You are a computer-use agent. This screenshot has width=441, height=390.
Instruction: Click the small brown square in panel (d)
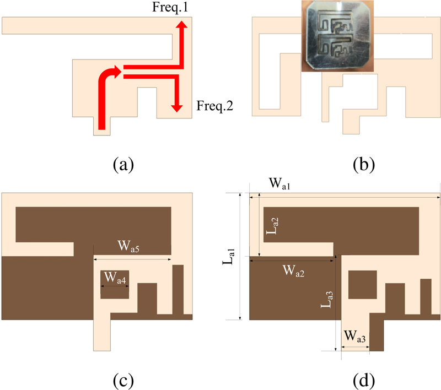[x=363, y=284]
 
